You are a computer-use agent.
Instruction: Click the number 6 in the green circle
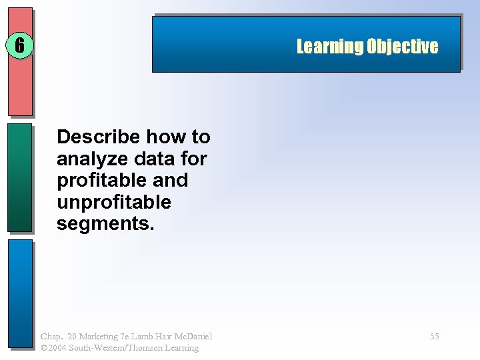pyautogui.click(x=19, y=45)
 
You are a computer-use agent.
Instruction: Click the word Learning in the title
pyautogui.click(x=329, y=47)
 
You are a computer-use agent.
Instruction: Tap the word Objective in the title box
pyautogui.click(x=402, y=47)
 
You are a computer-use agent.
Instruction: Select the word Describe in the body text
pyautogui.click(x=99, y=137)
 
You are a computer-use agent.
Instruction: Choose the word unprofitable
pyautogui.click(x=113, y=202)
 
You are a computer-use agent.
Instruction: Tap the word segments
pyautogui.click(x=105, y=224)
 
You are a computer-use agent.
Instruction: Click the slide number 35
pyautogui.click(x=434, y=337)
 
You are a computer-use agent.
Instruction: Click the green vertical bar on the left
pyautogui.click(x=19, y=177)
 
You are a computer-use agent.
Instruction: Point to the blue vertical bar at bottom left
pyautogui.click(x=19, y=293)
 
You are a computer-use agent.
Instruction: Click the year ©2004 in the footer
pyautogui.click(x=52, y=348)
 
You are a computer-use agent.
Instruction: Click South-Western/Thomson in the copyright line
pyautogui.click(x=111, y=348)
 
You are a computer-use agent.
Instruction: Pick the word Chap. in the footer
pyautogui.click(x=51, y=337)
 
